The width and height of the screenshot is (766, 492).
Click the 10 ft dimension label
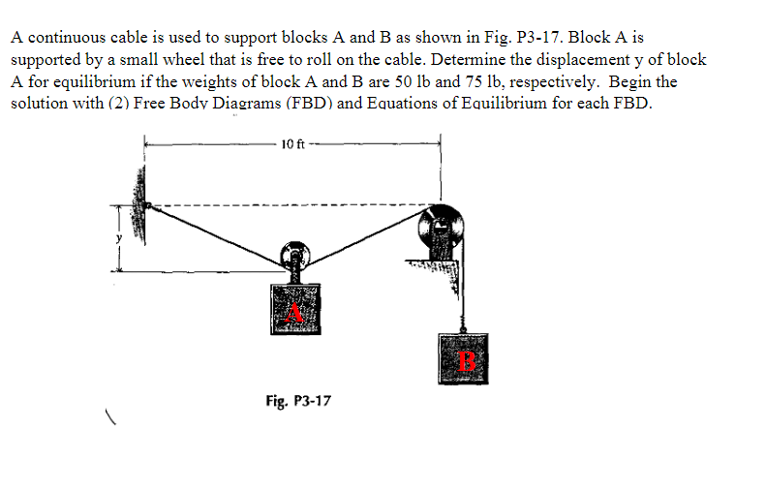tap(292, 145)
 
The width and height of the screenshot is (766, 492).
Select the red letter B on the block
tap(468, 362)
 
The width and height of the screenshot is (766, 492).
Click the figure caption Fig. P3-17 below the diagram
tap(297, 399)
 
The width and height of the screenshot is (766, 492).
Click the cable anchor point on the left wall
tap(148, 206)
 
